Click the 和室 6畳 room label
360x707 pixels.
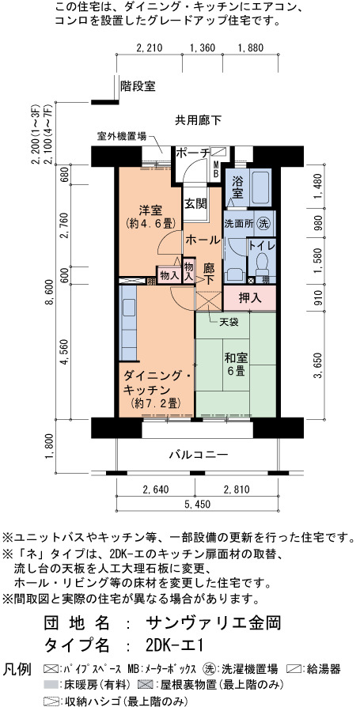(x=235, y=365)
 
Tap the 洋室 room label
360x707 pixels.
(x=150, y=210)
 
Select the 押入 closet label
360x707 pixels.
(x=249, y=298)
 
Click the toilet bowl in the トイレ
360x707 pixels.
(x=262, y=263)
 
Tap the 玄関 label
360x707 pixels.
(x=195, y=204)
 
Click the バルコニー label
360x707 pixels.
(x=199, y=455)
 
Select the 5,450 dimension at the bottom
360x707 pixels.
(x=197, y=505)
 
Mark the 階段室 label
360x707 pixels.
(x=138, y=85)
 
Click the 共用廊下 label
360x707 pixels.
(x=198, y=120)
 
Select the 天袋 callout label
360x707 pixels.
(x=229, y=322)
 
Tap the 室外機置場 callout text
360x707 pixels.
(x=121, y=135)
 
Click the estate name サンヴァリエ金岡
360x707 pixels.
(x=214, y=622)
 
